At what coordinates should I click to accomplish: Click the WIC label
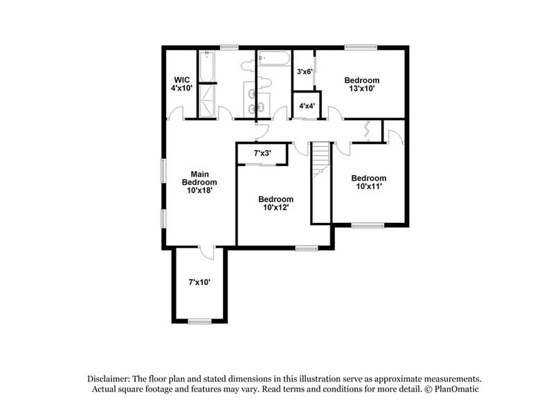pyautogui.click(x=182, y=80)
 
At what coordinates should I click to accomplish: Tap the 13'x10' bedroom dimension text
pyautogui.click(x=362, y=89)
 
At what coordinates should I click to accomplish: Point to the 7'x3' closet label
pyautogui.click(x=262, y=153)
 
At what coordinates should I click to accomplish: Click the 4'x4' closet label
pyautogui.click(x=307, y=106)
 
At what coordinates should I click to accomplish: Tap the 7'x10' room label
pyautogui.click(x=199, y=282)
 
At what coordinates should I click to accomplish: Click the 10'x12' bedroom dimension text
pyautogui.click(x=275, y=207)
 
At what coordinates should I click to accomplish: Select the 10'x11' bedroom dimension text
pyautogui.click(x=368, y=186)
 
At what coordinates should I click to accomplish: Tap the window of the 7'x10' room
pyautogui.click(x=199, y=320)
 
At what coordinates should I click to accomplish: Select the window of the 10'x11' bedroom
pyautogui.click(x=368, y=225)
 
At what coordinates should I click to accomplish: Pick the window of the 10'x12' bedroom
pyautogui.click(x=305, y=247)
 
